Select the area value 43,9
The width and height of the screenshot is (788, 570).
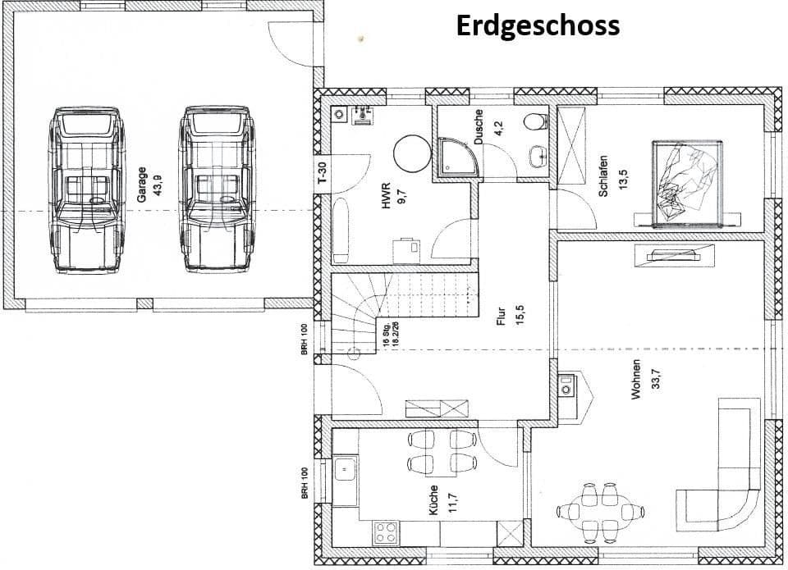pyautogui.click(x=153, y=185)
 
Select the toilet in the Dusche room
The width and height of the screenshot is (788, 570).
pyautogui.click(x=534, y=121)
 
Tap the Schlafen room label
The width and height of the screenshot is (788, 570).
pyautogui.click(x=603, y=176)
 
